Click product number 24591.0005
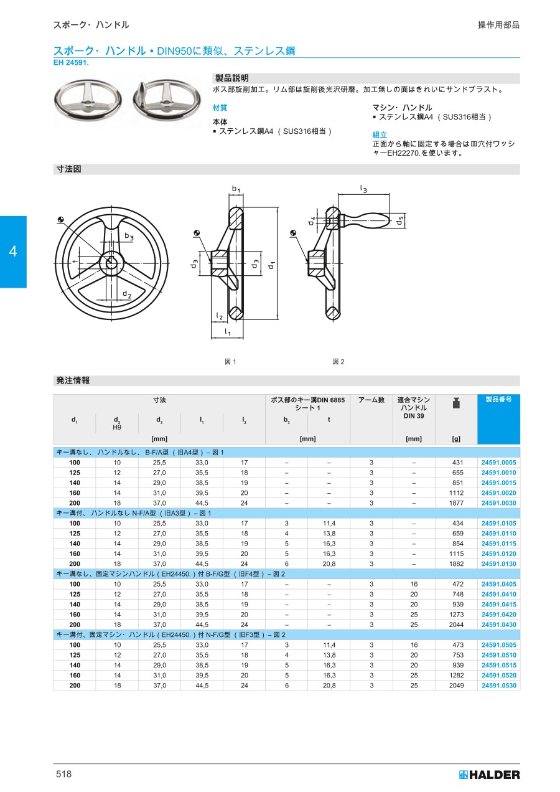pyautogui.click(x=498, y=463)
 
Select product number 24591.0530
pyautogui.click(x=498, y=686)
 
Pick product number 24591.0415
pyautogui.click(x=498, y=605)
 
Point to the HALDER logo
pyautogui.click(x=489, y=775)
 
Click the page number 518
pyautogui.click(x=63, y=774)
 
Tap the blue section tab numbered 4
pyautogui.click(x=13, y=252)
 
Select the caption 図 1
pyautogui.click(x=230, y=362)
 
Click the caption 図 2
pyautogui.click(x=338, y=362)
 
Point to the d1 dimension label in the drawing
pyautogui.click(x=271, y=265)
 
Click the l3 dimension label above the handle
pyautogui.click(x=363, y=187)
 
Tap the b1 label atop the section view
pyautogui.click(x=236, y=188)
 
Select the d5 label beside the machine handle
pyautogui.click(x=401, y=220)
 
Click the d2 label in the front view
pyautogui.click(x=126, y=294)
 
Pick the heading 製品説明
pyautogui.click(x=231, y=78)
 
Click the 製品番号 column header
pyautogui.click(x=498, y=400)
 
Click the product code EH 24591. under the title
pyautogui.click(x=71, y=63)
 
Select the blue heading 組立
pyautogui.click(x=380, y=134)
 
